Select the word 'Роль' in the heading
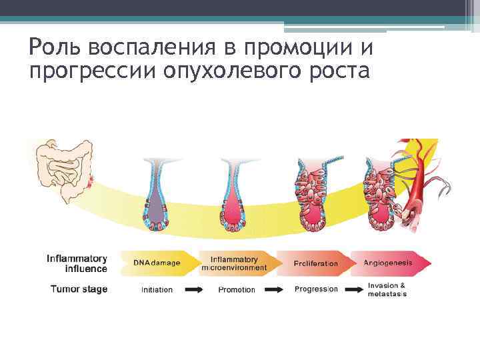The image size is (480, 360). point(55,48)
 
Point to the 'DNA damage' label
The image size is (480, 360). point(157,263)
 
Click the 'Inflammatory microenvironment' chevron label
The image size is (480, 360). point(234,263)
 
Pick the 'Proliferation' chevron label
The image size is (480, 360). point(315,263)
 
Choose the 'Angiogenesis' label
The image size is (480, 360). point(387,263)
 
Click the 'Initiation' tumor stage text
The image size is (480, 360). point(157,290)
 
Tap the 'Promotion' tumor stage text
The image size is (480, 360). point(237,290)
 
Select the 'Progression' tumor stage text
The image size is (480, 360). point(316,289)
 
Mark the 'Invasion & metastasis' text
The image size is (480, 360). point(387,290)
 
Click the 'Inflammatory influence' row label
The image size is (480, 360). point(77,263)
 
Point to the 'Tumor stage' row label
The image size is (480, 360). point(79,289)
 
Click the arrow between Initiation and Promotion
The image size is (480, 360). point(195,290)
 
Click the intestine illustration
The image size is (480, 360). point(63,170)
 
